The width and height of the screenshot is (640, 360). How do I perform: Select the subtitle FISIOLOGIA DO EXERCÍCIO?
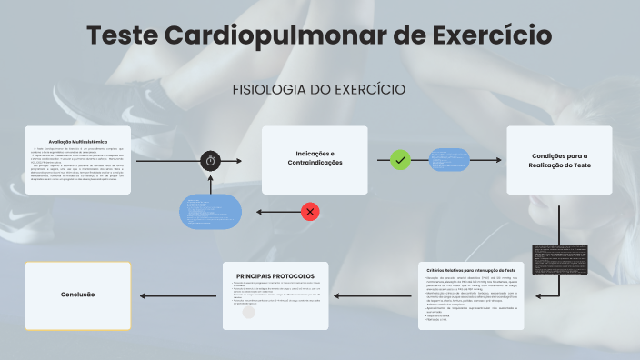click(x=319, y=90)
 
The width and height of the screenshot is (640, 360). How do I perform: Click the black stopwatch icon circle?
click(x=211, y=160)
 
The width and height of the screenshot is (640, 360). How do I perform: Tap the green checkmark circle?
click(x=400, y=160)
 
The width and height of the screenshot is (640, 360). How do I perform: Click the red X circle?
click(x=310, y=212)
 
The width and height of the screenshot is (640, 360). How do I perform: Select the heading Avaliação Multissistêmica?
click(x=78, y=142)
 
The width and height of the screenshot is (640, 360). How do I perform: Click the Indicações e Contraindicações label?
click(x=315, y=156)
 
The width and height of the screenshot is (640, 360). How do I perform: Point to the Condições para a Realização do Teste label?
click(x=560, y=159)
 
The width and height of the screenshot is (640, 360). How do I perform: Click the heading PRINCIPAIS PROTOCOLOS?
click(x=275, y=275)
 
